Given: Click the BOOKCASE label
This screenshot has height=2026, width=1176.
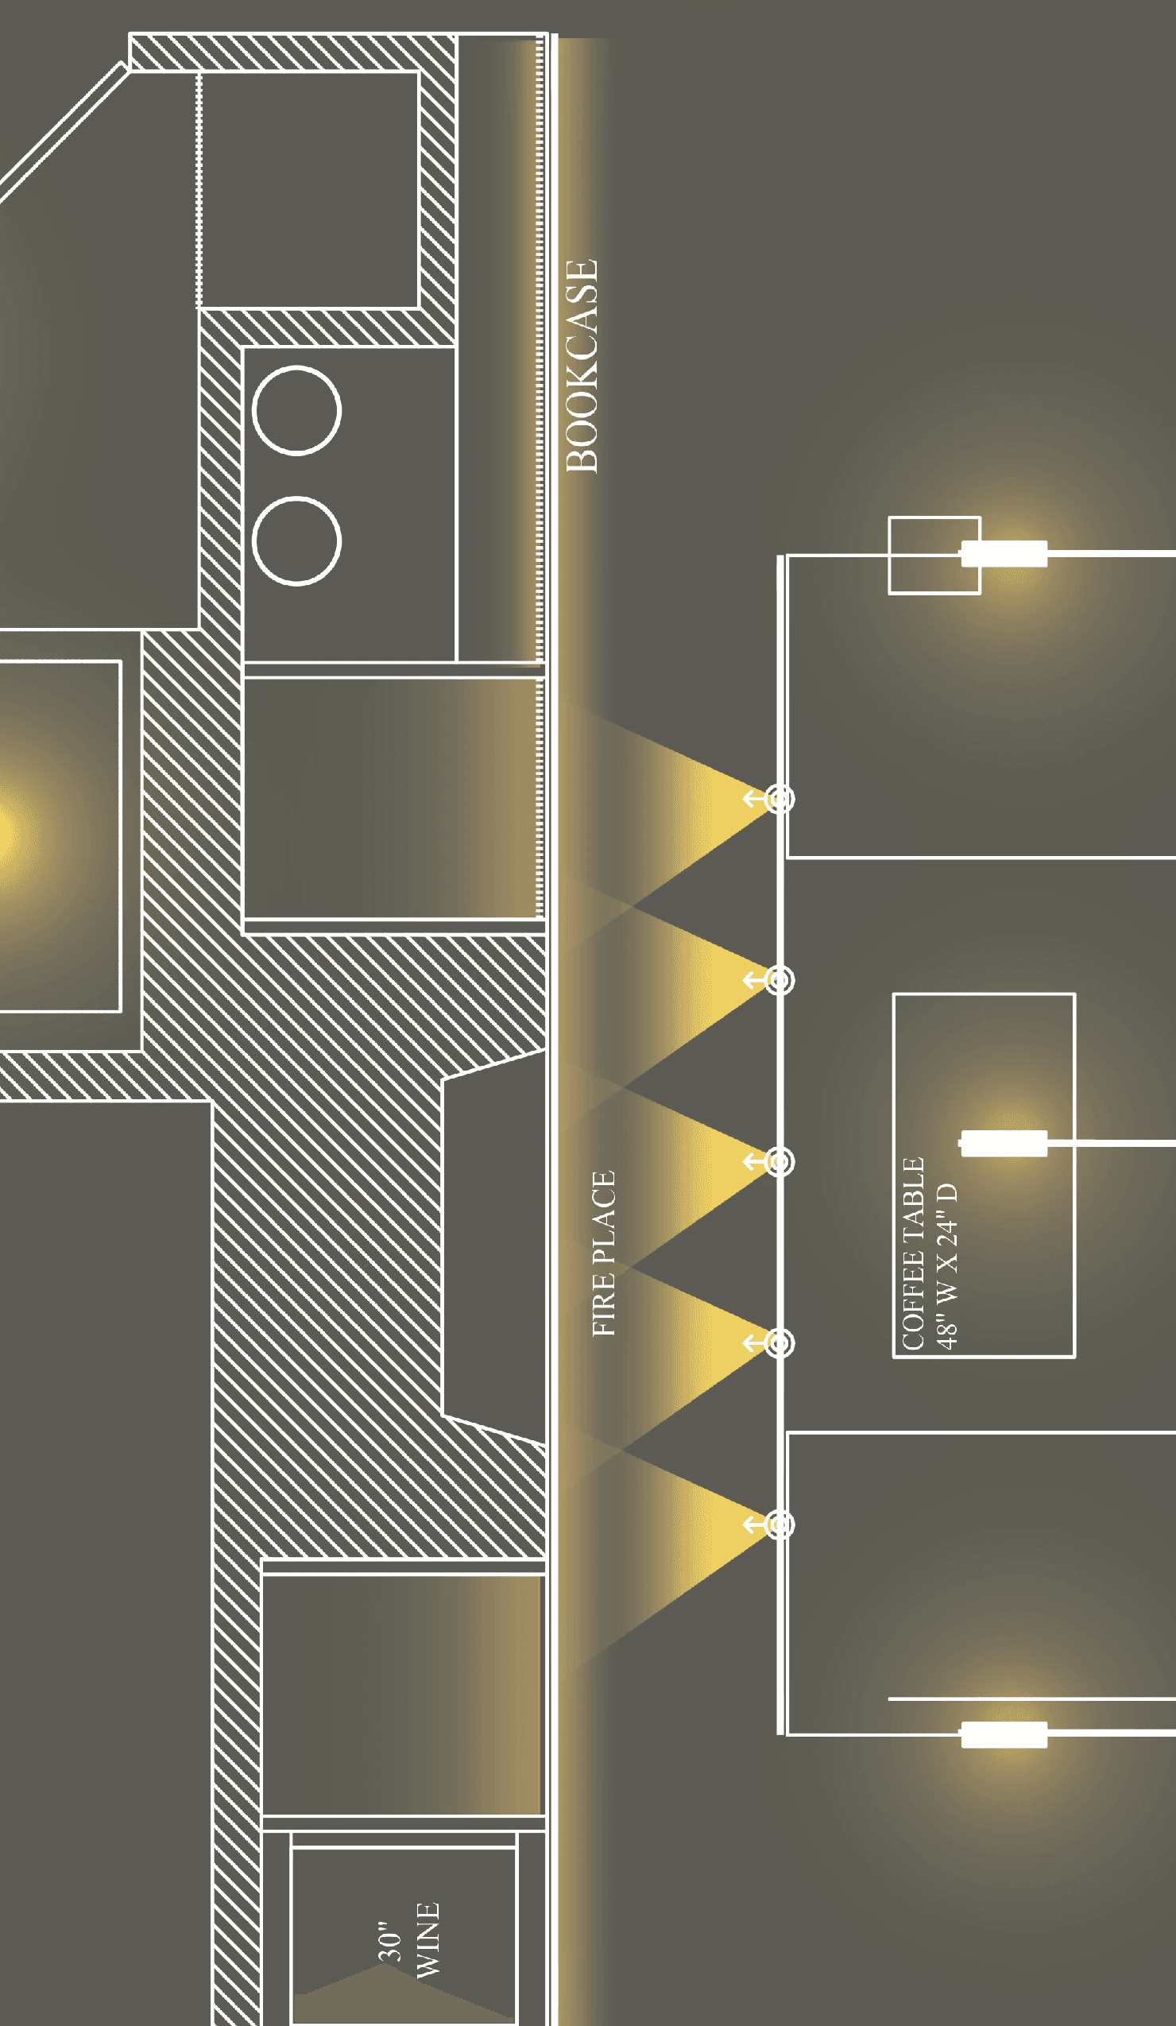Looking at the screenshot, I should (x=582, y=366).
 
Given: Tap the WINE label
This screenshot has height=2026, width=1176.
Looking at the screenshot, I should (x=427, y=1939).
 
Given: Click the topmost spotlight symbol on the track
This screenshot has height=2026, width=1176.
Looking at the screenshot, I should (x=778, y=798).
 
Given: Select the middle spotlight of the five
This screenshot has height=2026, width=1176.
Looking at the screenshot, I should (x=778, y=1161).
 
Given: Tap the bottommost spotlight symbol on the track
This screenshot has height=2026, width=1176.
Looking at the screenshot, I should (x=778, y=1524).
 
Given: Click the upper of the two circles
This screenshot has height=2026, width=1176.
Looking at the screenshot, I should (x=296, y=410).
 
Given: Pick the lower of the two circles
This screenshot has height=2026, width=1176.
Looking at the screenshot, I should (x=296, y=540).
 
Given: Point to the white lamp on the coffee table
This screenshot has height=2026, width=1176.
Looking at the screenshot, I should (x=1004, y=1142).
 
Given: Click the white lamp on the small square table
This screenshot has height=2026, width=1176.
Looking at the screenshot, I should (x=1004, y=553).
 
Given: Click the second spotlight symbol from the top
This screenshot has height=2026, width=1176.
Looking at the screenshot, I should (x=778, y=979).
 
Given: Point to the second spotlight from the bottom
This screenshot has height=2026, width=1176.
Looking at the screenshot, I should (x=778, y=1342).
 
